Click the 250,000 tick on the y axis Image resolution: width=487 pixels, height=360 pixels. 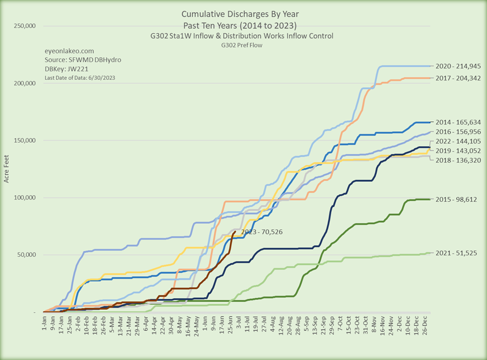24,26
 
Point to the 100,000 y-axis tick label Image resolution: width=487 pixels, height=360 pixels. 24,197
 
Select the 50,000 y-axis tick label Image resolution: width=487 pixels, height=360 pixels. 25,255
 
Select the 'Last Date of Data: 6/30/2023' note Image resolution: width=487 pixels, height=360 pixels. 80,78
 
